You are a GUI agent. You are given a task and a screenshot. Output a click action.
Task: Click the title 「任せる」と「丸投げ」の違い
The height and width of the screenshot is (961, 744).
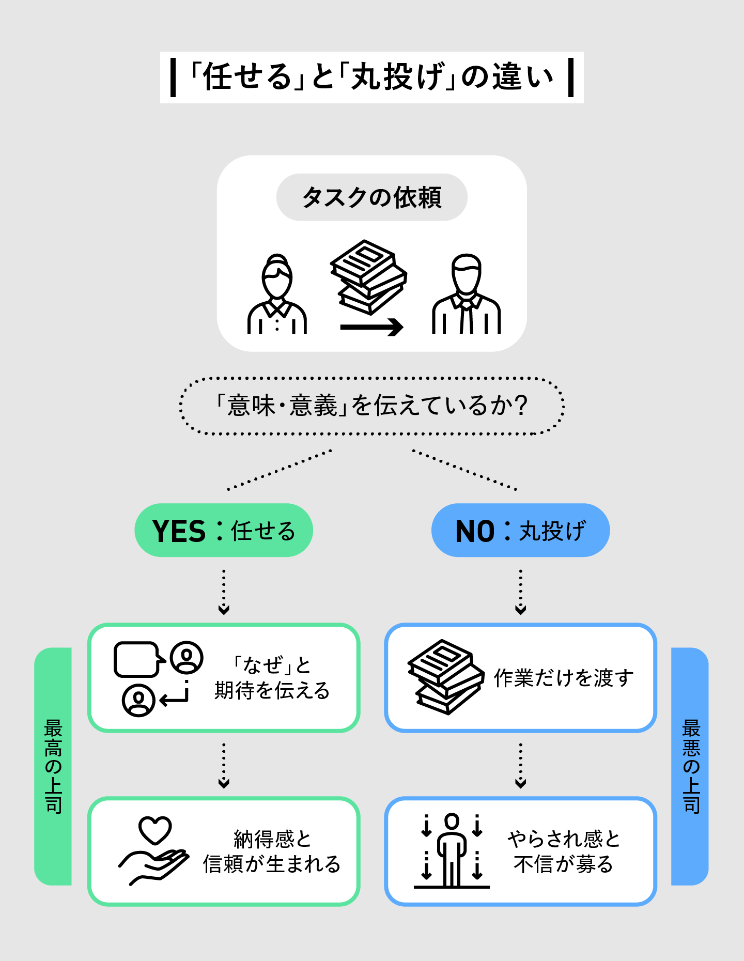(372, 78)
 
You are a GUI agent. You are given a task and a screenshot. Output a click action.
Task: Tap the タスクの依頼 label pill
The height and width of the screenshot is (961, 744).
(372, 197)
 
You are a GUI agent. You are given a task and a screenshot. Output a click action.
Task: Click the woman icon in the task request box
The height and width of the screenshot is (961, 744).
(277, 295)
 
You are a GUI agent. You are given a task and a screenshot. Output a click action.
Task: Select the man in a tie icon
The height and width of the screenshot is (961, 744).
(466, 295)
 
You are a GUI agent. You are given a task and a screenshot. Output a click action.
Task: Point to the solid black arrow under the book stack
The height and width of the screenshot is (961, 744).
(371, 327)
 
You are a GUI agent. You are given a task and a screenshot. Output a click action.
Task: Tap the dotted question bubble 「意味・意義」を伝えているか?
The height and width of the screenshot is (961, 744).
(372, 406)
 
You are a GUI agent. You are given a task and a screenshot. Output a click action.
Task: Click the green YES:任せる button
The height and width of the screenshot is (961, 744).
(224, 530)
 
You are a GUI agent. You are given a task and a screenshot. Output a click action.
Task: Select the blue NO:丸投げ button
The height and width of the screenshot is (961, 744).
(520, 530)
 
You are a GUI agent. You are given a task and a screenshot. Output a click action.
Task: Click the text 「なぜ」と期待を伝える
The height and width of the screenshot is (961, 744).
(272, 677)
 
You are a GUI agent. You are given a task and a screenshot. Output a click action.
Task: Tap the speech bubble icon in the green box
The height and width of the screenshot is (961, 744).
(136, 659)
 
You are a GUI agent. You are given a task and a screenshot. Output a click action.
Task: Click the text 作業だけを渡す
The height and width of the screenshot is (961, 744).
(563, 677)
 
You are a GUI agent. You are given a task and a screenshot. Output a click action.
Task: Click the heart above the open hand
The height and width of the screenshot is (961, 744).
(155, 830)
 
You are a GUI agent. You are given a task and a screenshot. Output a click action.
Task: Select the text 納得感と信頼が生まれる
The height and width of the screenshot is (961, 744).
(272, 851)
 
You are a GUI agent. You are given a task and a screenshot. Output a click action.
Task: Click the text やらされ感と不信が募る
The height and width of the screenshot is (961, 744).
(563, 851)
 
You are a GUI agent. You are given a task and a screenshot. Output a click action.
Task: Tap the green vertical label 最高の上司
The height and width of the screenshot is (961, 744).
(53, 766)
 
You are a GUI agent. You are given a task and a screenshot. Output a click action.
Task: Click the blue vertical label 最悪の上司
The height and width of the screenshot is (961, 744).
(691, 766)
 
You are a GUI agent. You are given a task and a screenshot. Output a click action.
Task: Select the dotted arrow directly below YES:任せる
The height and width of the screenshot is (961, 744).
(224, 592)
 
